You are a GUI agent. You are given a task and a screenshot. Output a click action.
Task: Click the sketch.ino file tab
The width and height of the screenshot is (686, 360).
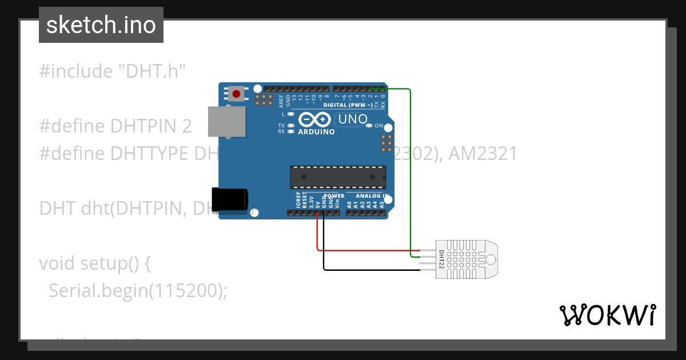[x=101, y=25]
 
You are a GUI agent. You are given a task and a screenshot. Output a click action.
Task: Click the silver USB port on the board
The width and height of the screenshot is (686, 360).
[x=226, y=121]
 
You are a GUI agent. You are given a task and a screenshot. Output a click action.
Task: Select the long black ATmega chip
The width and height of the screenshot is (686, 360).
[x=337, y=177]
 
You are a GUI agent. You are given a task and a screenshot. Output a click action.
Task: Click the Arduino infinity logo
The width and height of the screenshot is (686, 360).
[x=314, y=119]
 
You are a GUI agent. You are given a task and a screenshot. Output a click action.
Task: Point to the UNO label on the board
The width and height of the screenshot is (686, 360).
[x=352, y=119]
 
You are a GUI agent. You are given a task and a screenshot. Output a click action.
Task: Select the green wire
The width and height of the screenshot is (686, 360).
[x=410, y=171]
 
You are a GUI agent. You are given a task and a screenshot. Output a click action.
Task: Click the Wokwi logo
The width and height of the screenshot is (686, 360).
[x=607, y=315]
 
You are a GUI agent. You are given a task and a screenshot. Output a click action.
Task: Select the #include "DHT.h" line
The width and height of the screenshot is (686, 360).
[x=113, y=71]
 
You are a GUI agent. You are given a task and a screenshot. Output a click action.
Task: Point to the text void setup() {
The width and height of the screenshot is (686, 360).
[x=95, y=263]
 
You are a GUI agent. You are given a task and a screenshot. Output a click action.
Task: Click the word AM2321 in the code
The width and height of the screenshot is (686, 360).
[x=484, y=154]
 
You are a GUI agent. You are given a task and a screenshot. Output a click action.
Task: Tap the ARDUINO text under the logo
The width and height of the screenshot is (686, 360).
[x=317, y=132]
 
